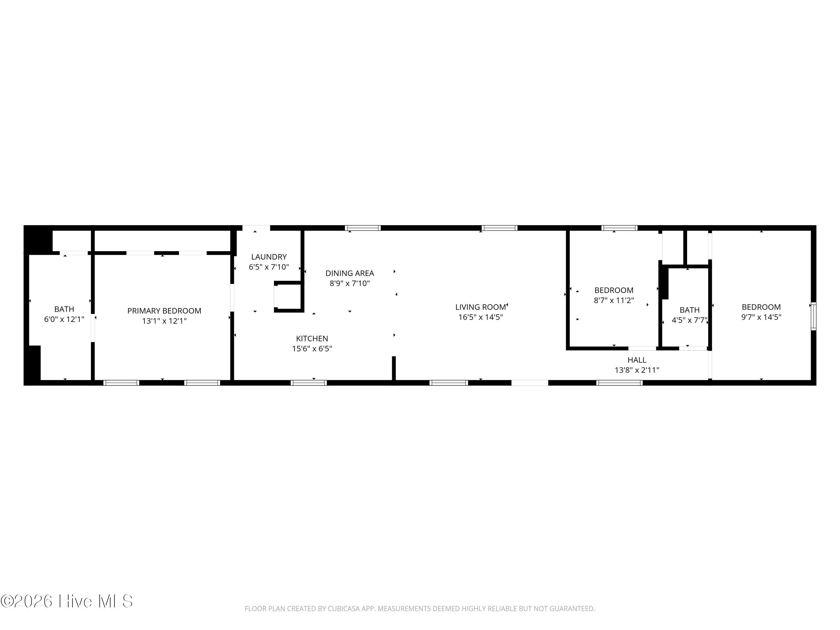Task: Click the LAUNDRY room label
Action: [269, 257]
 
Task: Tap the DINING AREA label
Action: [350, 273]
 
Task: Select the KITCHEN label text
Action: [312, 338]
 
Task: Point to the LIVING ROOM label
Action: [481, 307]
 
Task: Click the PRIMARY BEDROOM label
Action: [164, 311]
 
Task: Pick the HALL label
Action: [637, 360]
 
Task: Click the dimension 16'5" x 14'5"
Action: [481, 317]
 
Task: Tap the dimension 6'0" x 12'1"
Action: [64, 319]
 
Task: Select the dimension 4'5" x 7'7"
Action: [690, 320]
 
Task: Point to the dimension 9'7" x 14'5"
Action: [761, 317]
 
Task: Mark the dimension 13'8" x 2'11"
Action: [637, 370]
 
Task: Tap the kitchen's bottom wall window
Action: [309, 383]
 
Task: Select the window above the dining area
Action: [363, 228]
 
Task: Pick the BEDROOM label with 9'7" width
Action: [761, 307]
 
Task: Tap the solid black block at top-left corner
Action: [38, 239]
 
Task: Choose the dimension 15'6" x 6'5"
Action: [312, 349]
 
